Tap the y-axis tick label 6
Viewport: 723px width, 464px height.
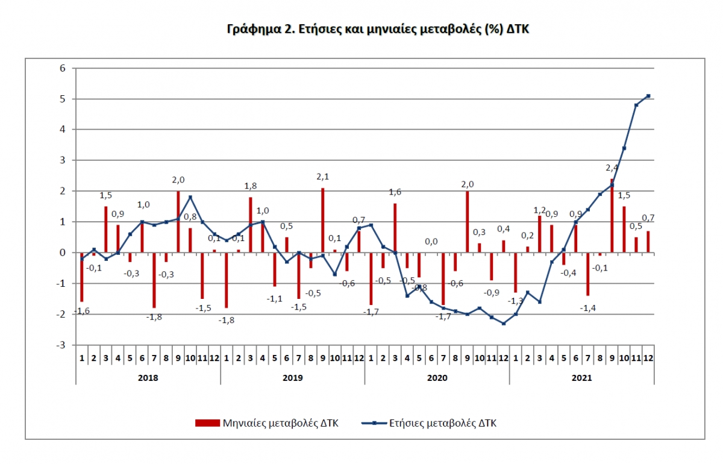pyautogui.click(x=62, y=68)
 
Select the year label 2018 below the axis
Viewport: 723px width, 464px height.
pyautogui.click(x=148, y=378)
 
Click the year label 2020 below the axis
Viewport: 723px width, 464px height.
pyautogui.click(x=437, y=378)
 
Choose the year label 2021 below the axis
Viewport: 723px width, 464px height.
pyautogui.click(x=581, y=378)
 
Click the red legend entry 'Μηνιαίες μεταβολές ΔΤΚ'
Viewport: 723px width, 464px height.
pyautogui.click(x=267, y=423)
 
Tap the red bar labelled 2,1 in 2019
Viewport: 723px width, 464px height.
pyautogui.click(x=322, y=220)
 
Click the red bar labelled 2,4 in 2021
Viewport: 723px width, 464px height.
pyautogui.click(x=612, y=216)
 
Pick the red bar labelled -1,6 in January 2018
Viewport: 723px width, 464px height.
pyautogui.click(x=81, y=277)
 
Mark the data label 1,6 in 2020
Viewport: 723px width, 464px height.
pyautogui.click(x=395, y=193)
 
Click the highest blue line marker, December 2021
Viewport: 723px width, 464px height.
pyautogui.click(x=648, y=96)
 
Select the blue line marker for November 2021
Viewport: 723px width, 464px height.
pyautogui.click(x=636, y=105)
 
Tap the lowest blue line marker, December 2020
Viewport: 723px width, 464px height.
pyautogui.click(x=503, y=324)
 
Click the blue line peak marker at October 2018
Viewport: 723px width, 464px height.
pyautogui.click(x=190, y=197)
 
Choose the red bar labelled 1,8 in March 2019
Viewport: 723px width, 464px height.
pyautogui.click(x=250, y=225)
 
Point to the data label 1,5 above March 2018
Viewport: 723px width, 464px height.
pyautogui.click(x=105, y=195)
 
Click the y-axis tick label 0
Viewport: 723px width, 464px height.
pyautogui.click(x=62, y=252)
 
